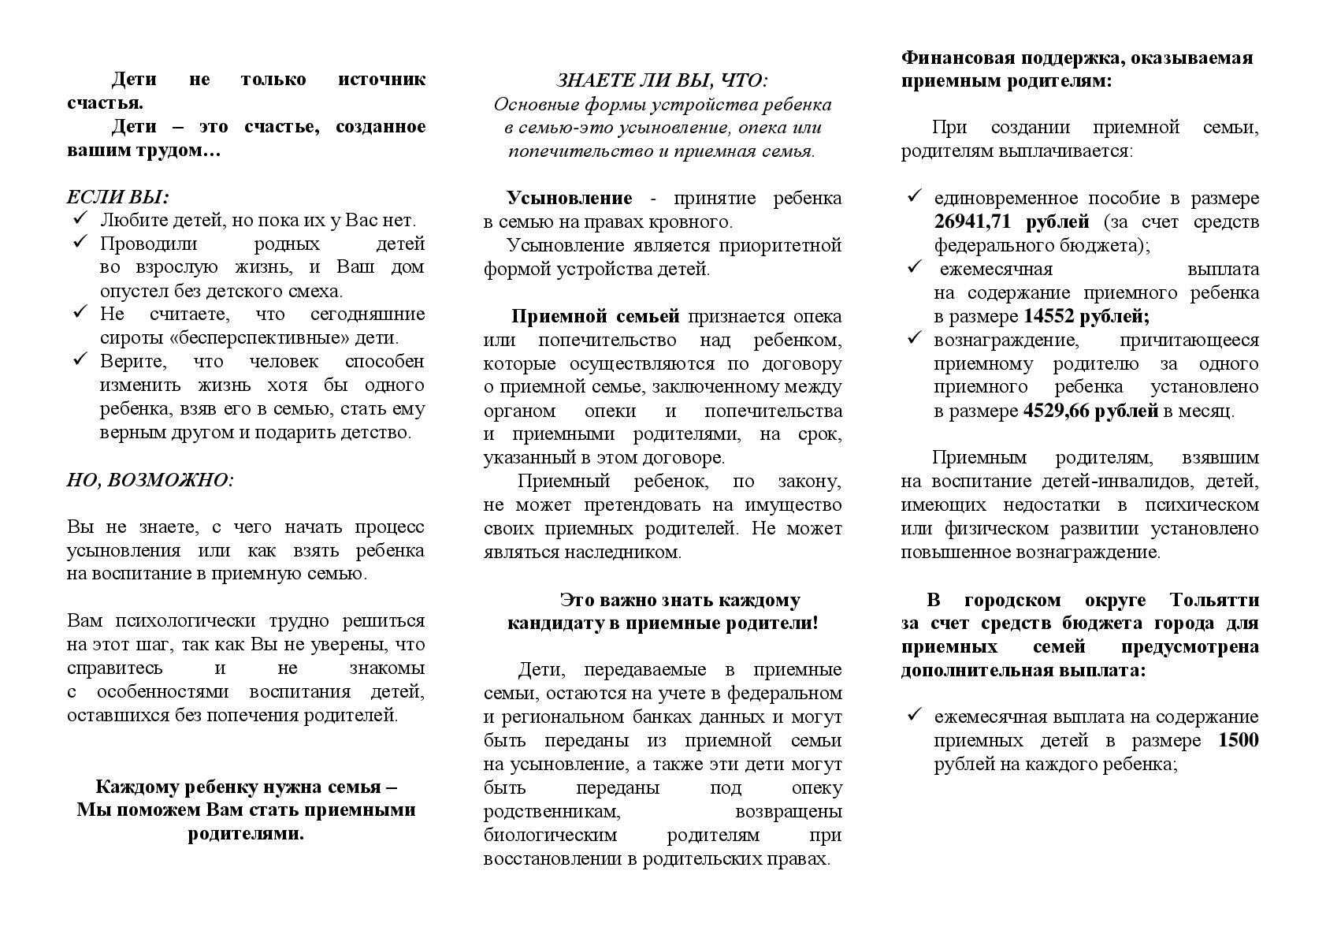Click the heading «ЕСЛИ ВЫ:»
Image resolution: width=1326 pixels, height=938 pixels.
click(x=118, y=197)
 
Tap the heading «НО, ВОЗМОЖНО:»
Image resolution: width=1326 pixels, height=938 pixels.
click(x=150, y=480)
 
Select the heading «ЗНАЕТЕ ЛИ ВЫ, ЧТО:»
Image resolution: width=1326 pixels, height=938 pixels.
click(x=662, y=80)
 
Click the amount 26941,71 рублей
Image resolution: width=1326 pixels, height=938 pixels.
click(x=1012, y=221)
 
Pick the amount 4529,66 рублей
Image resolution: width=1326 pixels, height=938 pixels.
click(x=1090, y=411)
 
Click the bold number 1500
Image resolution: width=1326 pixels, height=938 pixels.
click(x=1238, y=740)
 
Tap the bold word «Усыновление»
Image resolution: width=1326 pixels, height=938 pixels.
click(x=569, y=198)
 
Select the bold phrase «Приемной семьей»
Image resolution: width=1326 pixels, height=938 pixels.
click(x=595, y=316)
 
